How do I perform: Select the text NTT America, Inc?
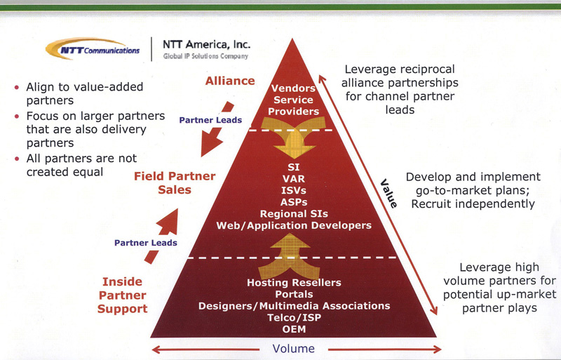(205, 44)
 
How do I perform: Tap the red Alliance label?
(230, 81)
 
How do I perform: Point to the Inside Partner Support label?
(122, 295)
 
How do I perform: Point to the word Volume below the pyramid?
(294, 348)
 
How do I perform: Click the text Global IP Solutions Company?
(205, 56)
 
